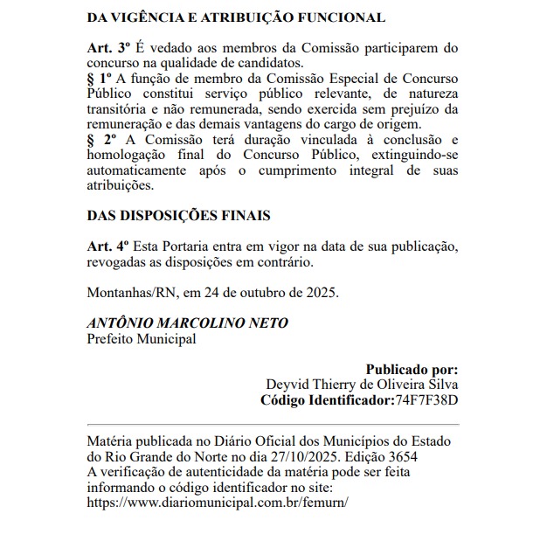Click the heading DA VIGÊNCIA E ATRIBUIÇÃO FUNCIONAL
(x=236, y=17)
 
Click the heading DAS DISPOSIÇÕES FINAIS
(x=179, y=215)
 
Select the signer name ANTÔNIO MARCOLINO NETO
(x=187, y=322)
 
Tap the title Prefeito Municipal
(x=142, y=338)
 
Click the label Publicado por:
(x=412, y=369)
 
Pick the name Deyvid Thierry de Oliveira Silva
(x=362, y=385)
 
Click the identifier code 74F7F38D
(x=428, y=400)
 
